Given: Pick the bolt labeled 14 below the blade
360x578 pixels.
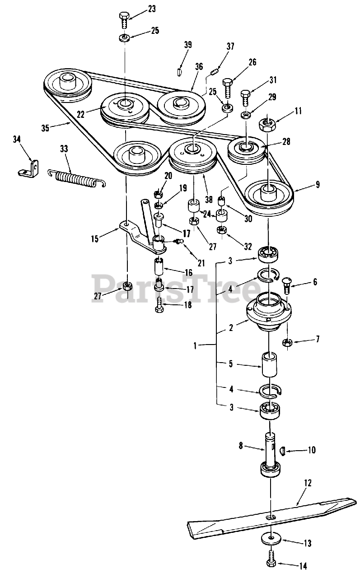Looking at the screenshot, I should coord(270,561).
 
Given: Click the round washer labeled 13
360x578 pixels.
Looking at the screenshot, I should coord(270,538).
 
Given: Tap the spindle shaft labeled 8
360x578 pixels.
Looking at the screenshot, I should coord(270,452).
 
